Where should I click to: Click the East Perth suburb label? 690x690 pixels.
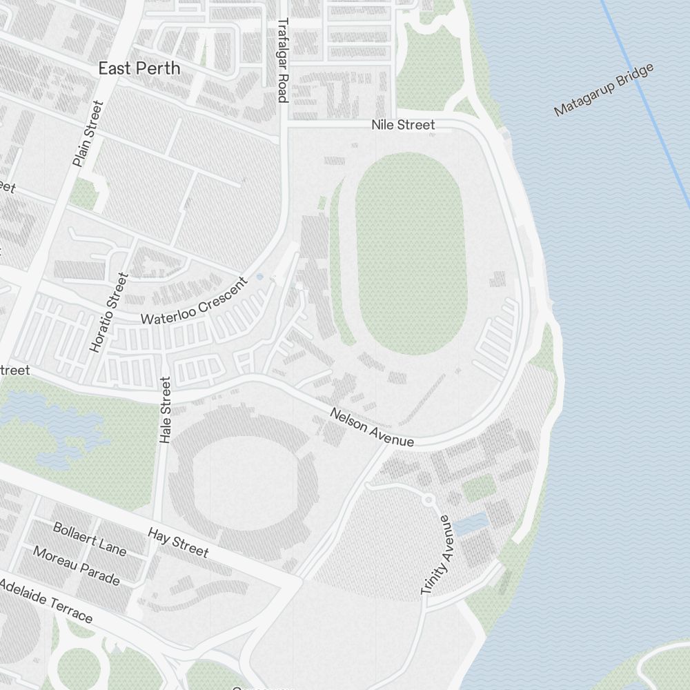(139, 68)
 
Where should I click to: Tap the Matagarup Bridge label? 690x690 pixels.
(604, 90)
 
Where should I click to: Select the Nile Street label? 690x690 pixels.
(403, 125)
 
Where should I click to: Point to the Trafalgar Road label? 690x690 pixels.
(282, 60)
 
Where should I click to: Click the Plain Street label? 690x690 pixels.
(88, 134)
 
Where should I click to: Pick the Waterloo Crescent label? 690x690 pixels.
(193, 302)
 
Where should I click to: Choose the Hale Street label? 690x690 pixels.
(164, 410)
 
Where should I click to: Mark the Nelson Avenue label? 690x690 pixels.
(372, 427)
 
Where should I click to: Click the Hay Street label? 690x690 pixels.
(178, 542)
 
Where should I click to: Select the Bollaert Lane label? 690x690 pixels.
(90, 539)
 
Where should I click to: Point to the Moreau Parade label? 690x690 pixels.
(77, 566)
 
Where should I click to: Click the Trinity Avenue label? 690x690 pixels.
(437, 555)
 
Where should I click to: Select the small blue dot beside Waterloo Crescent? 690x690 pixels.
(259, 277)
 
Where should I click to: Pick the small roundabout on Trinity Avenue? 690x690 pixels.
(428, 499)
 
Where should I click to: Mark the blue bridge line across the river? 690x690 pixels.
(645, 103)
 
